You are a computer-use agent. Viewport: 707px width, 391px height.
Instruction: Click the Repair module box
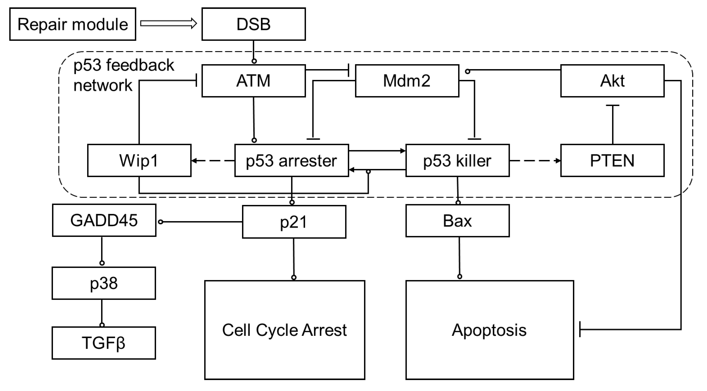73,24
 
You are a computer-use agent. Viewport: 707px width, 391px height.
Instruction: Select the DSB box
253,24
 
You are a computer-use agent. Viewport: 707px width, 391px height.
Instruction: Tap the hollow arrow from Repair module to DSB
168,24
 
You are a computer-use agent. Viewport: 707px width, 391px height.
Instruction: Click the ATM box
253,81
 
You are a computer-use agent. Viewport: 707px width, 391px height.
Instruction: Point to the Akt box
612,81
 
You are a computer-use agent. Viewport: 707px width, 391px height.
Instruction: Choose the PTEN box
612,160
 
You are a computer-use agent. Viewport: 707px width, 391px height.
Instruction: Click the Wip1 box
139,160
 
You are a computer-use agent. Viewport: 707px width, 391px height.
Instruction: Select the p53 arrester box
291,160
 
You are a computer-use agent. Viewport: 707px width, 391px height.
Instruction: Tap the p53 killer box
457,160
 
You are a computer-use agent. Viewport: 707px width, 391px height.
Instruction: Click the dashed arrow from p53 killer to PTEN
535,160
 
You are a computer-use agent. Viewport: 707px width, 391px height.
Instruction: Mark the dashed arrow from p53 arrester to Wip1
213,160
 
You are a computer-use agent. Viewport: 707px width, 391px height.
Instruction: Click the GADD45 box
104,220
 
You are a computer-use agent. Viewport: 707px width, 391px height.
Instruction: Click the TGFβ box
104,343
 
